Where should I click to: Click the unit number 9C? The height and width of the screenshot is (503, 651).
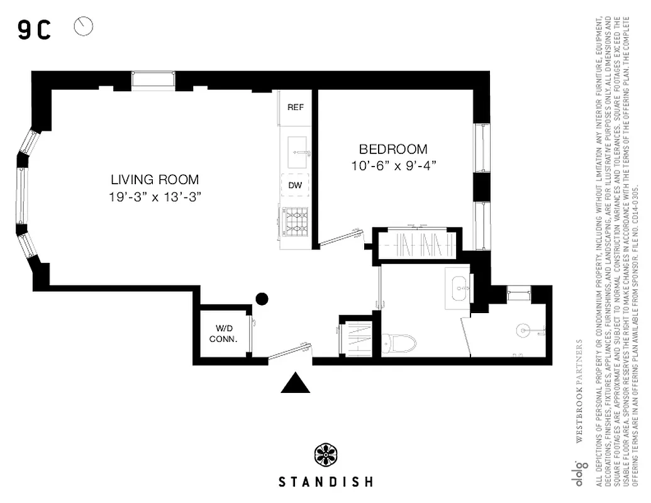[34, 30]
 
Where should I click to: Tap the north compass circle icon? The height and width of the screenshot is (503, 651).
[84, 26]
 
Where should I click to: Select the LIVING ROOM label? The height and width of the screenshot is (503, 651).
[155, 179]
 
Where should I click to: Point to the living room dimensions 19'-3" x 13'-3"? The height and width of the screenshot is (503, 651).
[155, 196]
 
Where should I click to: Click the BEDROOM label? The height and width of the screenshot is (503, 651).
[393, 150]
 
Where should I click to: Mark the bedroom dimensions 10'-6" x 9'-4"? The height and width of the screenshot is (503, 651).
[393, 165]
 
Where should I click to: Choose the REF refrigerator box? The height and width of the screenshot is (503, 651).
[296, 108]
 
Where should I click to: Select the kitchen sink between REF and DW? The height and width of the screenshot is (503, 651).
[296, 148]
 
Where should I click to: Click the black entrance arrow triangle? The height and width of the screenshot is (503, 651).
[296, 382]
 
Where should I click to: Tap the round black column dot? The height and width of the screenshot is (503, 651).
[262, 299]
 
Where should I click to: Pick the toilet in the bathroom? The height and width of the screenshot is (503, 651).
[400, 343]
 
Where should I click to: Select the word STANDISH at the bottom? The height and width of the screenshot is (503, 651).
[325, 482]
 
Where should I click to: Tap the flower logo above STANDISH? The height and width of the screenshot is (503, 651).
[326, 455]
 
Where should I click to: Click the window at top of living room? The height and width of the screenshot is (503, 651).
[153, 80]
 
